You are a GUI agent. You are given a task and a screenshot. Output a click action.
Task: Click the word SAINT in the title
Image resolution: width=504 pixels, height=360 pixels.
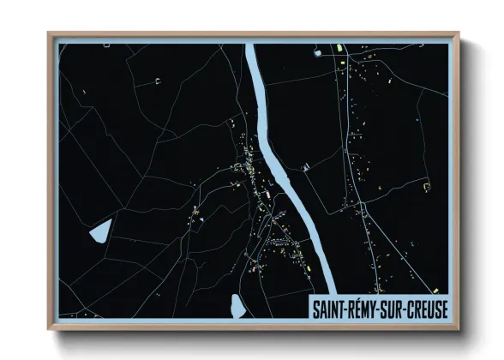[x=327, y=309]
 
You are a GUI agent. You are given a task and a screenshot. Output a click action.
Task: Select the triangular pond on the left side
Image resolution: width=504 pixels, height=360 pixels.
[x=99, y=230]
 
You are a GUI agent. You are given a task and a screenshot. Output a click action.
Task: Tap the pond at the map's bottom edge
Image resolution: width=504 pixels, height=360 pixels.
[x=237, y=305]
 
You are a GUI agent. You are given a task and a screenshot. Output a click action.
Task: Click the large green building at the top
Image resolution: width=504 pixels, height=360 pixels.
[x=339, y=48]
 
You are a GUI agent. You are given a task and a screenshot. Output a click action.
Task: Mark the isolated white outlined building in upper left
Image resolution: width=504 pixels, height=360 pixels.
[x=158, y=81]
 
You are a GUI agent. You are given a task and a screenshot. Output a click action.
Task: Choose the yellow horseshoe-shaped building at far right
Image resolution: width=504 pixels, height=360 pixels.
[x=425, y=181]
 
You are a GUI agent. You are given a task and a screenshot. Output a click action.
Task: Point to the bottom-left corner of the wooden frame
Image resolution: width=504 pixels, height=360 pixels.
[x=50, y=328]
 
